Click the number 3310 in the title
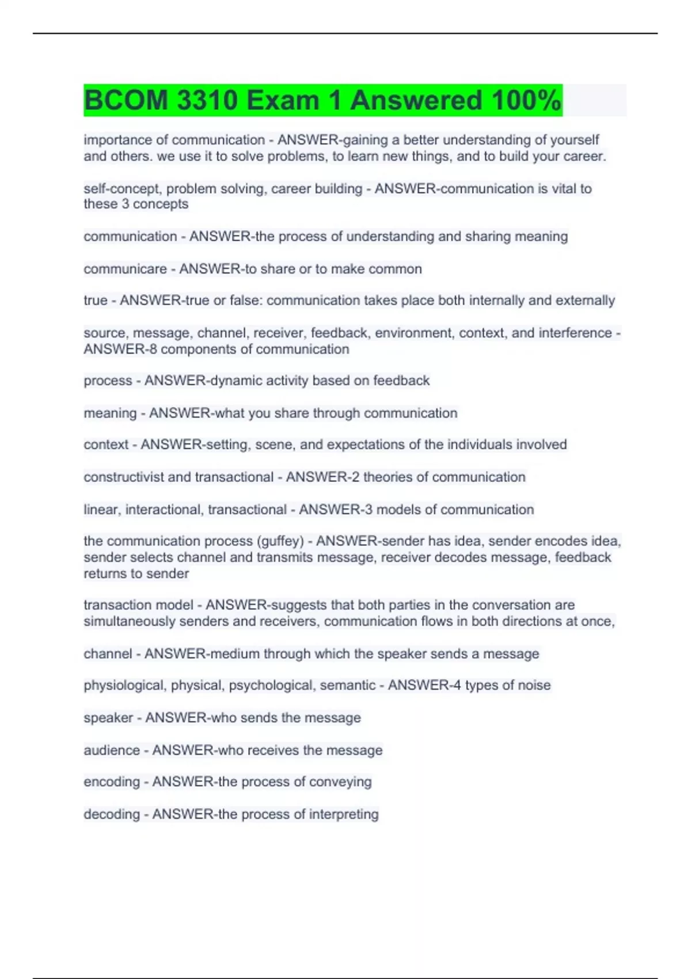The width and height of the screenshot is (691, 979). pos(207,100)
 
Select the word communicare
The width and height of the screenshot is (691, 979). pos(125,269)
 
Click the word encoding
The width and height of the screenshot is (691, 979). pos(111,782)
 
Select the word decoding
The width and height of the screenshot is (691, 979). pos(111,814)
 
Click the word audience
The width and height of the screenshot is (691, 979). pos(111,750)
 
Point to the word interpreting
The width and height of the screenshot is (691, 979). pos(344,814)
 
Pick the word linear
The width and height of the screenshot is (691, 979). pos(101,510)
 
